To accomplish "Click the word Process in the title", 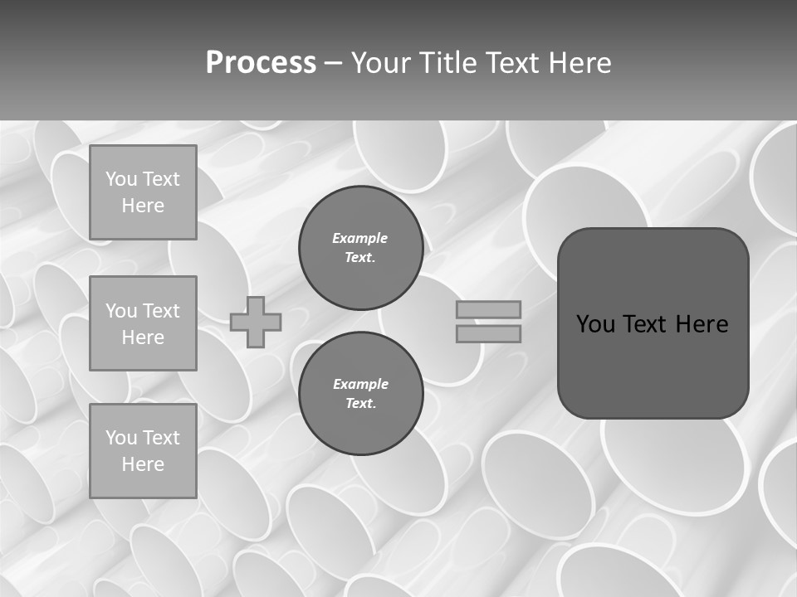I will pos(261,63).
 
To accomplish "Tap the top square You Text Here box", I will pos(143,192).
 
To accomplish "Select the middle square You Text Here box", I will pos(143,323).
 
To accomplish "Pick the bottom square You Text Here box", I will pos(143,450).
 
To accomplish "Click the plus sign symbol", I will pos(256,322).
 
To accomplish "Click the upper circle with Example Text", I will pos(360,248).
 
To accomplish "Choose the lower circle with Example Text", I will pos(360,394).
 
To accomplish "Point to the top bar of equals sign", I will pos(488,309).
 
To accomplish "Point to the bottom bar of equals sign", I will pos(488,333).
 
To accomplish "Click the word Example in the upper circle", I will pos(360,239).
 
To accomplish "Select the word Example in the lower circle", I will pos(360,385).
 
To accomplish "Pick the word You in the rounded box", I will pos(595,324).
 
